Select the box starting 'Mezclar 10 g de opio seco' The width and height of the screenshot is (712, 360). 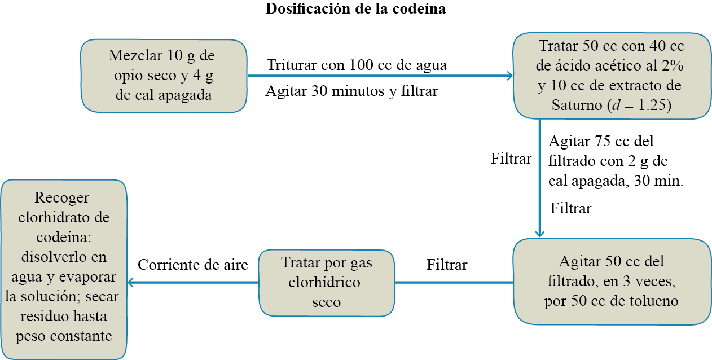tap(164, 76)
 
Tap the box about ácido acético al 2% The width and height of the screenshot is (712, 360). tap(610, 76)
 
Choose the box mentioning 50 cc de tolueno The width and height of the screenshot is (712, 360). tap(611, 282)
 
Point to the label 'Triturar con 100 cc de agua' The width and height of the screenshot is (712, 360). tap(357, 65)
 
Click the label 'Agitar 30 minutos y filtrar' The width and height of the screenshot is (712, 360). tap(351, 90)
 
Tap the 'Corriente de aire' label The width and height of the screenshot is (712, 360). tap(193, 265)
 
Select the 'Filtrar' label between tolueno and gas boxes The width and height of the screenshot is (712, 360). tap(447, 264)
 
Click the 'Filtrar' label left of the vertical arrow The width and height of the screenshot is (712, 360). tap(511, 159)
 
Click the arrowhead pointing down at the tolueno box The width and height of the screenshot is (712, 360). tap(540, 233)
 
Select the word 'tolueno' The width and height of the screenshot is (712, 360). tap(653, 301)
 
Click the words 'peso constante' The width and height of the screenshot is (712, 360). tap(64, 336)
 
